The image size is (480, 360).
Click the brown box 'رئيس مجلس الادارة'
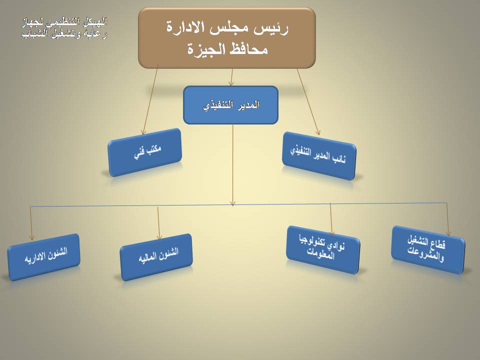coord(227,37)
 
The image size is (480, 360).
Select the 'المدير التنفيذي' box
coord(230,105)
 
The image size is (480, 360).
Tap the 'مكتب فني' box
coord(145,152)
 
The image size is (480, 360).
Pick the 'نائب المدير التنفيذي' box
coord(318,156)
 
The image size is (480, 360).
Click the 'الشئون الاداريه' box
coord(44,257)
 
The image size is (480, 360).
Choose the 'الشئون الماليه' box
coord(156,257)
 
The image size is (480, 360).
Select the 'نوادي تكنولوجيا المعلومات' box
coord(323,250)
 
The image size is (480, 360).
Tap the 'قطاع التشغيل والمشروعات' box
coord(428,250)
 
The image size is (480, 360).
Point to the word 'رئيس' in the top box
coord(273,28)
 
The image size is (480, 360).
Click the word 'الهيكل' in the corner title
coord(96,21)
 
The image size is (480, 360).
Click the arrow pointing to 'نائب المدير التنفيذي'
coord(308,102)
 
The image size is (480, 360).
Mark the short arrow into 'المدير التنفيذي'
coord(231,77)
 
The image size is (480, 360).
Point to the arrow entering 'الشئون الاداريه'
coord(31,223)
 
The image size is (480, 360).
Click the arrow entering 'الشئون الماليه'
coord(158,223)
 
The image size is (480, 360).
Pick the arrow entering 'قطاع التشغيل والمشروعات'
coord(447,219)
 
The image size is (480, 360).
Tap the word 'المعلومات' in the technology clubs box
coord(320,253)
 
